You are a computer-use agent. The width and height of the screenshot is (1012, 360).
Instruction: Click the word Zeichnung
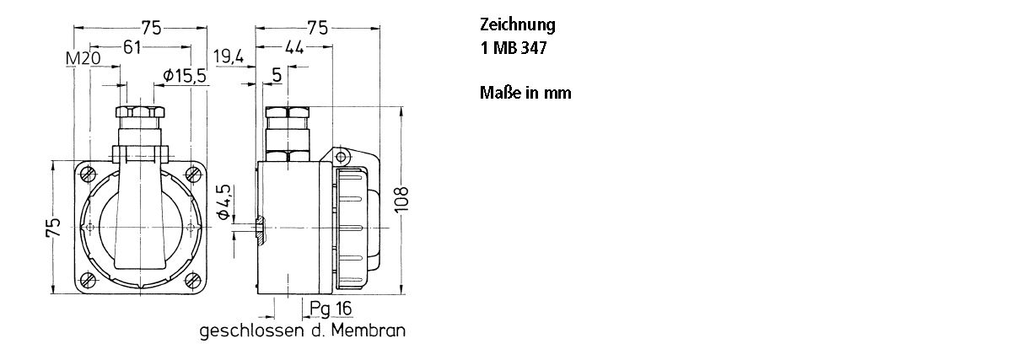pyautogui.click(x=517, y=25)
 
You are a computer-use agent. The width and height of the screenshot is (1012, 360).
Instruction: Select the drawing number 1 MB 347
pyautogui.click(x=513, y=49)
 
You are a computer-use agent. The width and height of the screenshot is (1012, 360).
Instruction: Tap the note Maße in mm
pyautogui.click(x=525, y=93)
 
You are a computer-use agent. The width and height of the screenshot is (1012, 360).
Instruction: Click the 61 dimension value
pyautogui.click(x=132, y=47)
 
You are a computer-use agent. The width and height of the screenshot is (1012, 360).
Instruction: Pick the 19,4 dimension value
pyautogui.click(x=229, y=57)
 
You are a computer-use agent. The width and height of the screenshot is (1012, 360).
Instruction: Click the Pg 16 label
pyautogui.click(x=330, y=309)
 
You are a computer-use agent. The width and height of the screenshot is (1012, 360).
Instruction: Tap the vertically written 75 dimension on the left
pyautogui.click(x=54, y=228)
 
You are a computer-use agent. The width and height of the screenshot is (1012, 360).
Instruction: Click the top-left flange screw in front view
pyautogui.click(x=89, y=175)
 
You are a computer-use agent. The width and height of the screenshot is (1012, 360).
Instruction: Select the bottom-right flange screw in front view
pyautogui.click(x=193, y=280)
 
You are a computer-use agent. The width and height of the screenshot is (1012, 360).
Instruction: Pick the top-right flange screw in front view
pyautogui.click(x=193, y=175)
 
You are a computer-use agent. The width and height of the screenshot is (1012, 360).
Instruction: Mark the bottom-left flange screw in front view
pyautogui.click(x=89, y=280)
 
